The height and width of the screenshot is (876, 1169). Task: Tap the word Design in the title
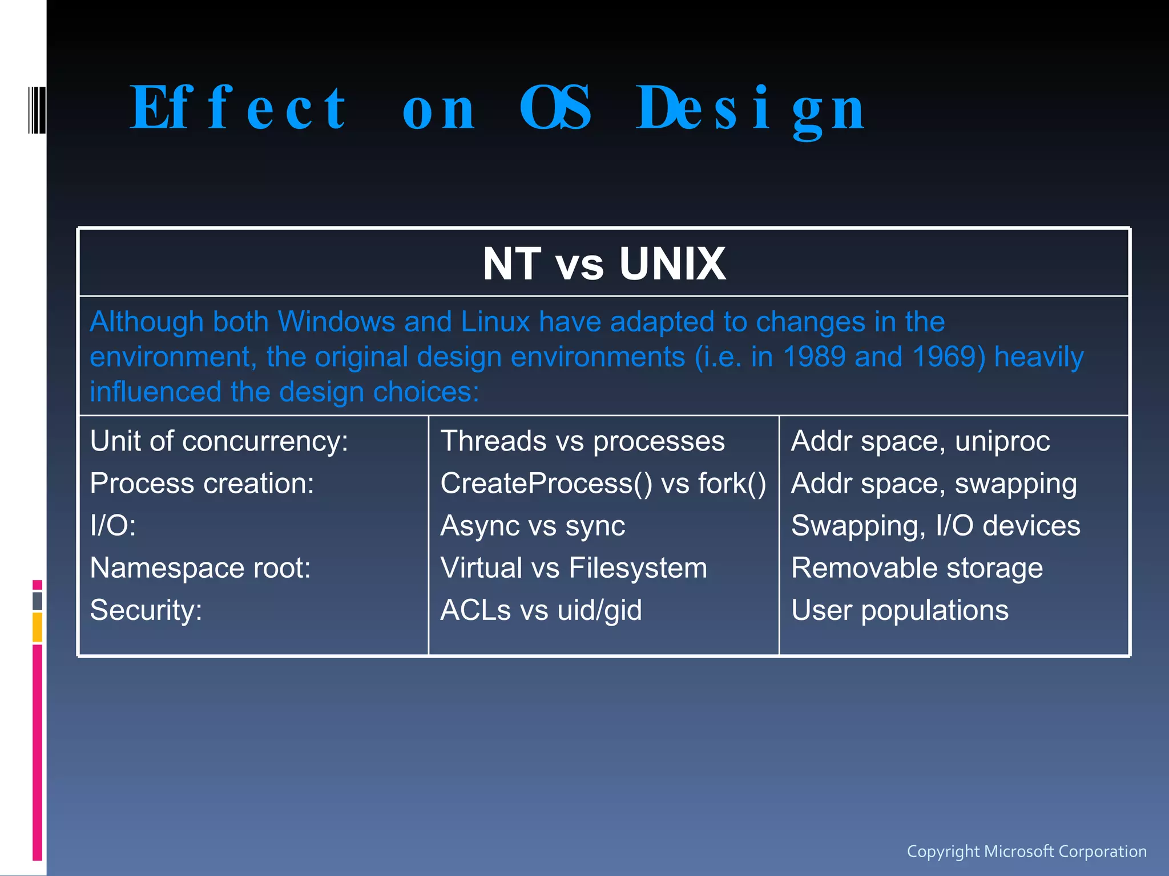[750, 108]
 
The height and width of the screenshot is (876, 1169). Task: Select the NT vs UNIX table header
[604, 263]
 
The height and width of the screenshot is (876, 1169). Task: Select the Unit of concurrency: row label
[219, 441]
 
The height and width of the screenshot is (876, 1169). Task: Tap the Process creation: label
[202, 484]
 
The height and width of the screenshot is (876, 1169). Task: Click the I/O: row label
[113, 526]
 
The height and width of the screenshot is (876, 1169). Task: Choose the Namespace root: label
[200, 568]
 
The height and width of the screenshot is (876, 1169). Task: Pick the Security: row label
[146, 610]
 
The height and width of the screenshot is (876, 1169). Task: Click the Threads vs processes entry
[582, 441]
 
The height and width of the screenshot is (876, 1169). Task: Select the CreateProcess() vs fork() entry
[603, 484]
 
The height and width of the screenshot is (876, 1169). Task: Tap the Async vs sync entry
[533, 526]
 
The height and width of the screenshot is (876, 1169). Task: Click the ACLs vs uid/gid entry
[541, 610]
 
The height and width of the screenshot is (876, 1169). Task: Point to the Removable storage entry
[917, 568]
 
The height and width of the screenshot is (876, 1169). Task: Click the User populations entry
[900, 610]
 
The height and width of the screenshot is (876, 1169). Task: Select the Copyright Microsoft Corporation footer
[1026, 851]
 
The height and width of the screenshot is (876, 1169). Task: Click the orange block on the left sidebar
[37, 627]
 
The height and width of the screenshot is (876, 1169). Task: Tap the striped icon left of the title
[36, 109]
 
